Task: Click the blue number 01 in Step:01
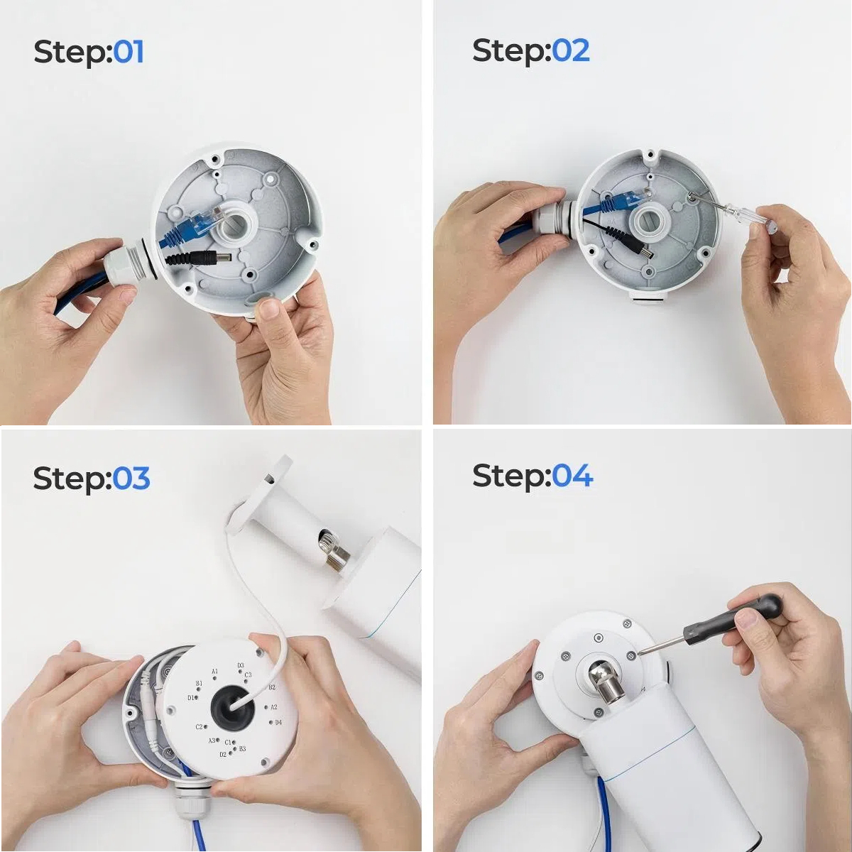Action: click(x=129, y=52)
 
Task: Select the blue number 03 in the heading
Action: click(x=131, y=479)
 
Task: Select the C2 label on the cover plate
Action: click(x=199, y=727)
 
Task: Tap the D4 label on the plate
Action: click(x=278, y=723)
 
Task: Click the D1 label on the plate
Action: click(x=190, y=698)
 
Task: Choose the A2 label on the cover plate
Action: click(x=273, y=707)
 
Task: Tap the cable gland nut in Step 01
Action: click(x=119, y=266)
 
